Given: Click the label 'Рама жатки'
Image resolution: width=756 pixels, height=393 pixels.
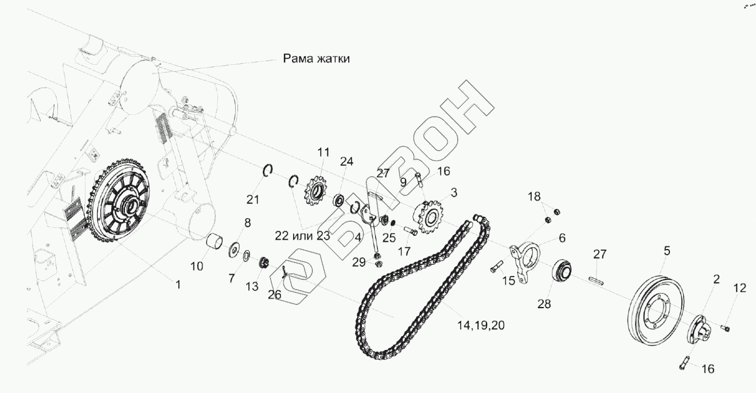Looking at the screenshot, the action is (x=316, y=59).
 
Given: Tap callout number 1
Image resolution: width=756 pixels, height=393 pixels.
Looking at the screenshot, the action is (x=177, y=284).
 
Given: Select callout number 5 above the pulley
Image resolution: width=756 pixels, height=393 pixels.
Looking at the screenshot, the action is (x=667, y=251).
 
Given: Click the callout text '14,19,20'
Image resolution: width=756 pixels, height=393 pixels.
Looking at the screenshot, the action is (x=481, y=325).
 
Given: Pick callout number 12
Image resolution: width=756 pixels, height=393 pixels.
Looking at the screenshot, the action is (x=739, y=288).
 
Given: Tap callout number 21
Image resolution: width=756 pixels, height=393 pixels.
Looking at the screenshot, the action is (x=253, y=199).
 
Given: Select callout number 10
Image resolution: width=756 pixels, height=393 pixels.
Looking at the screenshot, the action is (x=197, y=267).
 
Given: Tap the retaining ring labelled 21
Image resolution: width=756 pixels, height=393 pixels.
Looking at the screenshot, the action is (x=268, y=172).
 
